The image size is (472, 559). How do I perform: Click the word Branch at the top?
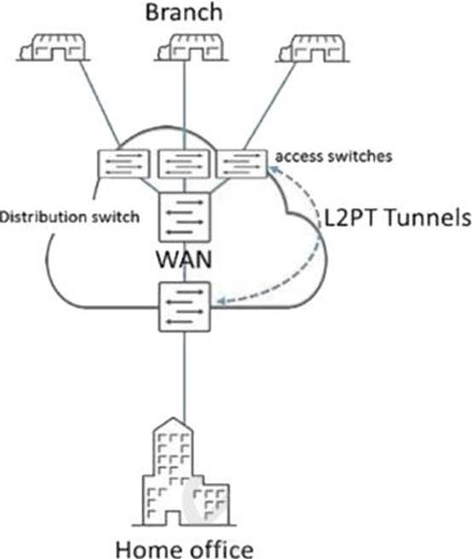coord(184,12)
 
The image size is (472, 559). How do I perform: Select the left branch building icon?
coord(53,48)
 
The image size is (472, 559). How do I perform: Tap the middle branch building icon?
coord(191,48)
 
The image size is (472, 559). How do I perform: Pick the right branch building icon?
coord(312,48)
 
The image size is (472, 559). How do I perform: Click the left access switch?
coord(124,164)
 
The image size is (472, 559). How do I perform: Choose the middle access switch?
coord(184,164)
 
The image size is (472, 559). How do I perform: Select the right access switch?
coord(242,164)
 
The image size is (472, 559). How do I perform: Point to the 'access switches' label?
coord(334,156)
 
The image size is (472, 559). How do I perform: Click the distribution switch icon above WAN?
coord(185,217)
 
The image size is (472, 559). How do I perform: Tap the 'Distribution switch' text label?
coord(70,216)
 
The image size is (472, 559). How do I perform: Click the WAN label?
coord(184,260)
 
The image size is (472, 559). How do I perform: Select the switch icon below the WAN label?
coord(185,307)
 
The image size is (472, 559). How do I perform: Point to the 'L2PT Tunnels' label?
coord(398,217)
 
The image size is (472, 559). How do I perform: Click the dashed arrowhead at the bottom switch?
coord(221,302)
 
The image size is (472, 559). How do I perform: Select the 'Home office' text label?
coord(185,549)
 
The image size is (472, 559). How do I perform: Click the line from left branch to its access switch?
coord(99,103)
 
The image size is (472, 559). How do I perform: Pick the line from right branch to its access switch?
coord(270,106)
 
